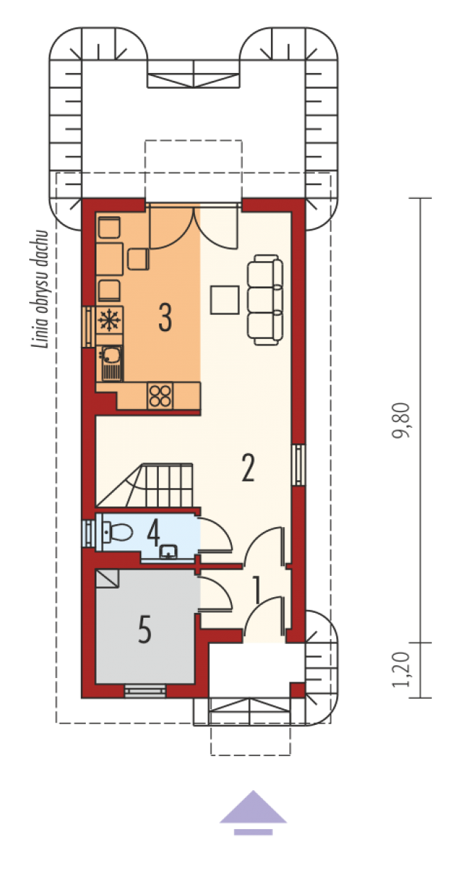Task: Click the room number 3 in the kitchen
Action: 165,317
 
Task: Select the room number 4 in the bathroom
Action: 153,533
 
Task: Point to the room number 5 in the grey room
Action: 145,630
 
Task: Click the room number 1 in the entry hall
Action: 257,591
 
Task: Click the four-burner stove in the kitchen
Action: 160,396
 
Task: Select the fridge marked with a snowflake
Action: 110,320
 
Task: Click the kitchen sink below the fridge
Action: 111,363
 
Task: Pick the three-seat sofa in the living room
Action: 265,300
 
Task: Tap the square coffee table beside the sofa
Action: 225,300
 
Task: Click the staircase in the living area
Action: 145,485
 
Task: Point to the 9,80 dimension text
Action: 401,421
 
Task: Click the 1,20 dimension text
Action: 401,670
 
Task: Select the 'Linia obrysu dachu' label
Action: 40,289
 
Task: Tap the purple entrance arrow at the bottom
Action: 253,813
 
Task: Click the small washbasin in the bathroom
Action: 169,551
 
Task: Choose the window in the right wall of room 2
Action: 299,465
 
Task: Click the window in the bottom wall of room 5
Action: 145,691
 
